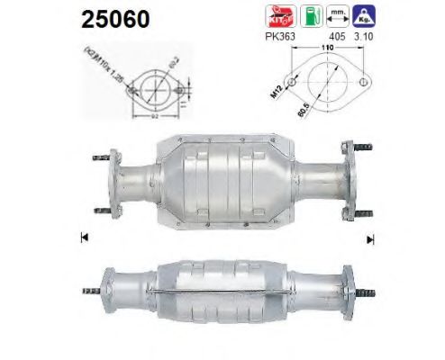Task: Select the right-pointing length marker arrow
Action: coord(368,238)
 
